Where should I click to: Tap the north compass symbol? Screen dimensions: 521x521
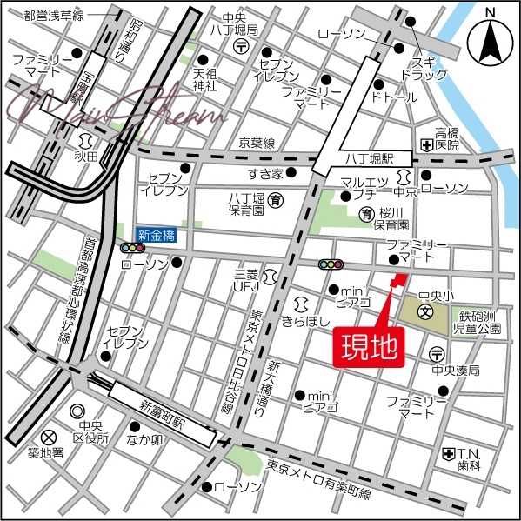click(487, 40)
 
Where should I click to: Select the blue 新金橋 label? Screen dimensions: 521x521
click(157, 234)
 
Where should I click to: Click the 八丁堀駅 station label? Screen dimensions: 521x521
click(371, 159)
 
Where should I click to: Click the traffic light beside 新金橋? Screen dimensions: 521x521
click(133, 249)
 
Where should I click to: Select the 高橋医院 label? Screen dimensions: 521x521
click(447, 139)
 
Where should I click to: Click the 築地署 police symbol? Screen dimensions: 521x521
click(49, 436)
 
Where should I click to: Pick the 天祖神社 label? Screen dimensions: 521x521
click(204, 79)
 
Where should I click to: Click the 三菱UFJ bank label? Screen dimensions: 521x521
click(247, 280)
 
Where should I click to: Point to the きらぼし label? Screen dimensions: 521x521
click(305, 320)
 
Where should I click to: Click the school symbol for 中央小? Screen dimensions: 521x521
click(426, 311)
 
